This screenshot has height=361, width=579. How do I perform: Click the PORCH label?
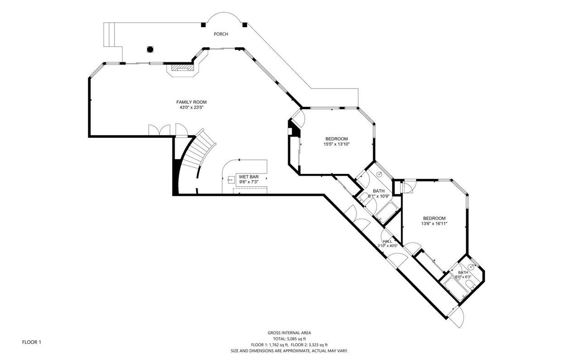pyautogui.click(x=221, y=34)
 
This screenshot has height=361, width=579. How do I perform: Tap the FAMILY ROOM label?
pyautogui.click(x=191, y=102)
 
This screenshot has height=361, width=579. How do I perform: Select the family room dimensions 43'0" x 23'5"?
pyautogui.click(x=191, y=108)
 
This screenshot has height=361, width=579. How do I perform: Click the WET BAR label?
pyautogui.click(x=249, y=177)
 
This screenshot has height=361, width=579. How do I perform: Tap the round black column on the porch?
pyautogui.click(x=150, y=49)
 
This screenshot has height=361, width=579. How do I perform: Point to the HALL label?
pyautogui.click(x=388, y=241)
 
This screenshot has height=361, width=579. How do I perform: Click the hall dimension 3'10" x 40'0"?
pyautogui.click(x=388, y=246)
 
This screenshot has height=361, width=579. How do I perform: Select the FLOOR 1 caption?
pyautogui.click(x=32, y=342)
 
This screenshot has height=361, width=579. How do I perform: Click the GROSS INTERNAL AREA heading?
pyautogui.click(x=289, y=333)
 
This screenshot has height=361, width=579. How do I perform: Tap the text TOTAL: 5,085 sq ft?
pyautogui.click(x=289, y=339)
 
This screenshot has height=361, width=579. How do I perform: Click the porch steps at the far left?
pyautogui.click(x=109, y=35)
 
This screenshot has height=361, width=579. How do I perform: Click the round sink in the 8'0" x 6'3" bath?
pyautogui.click(x=470, y=267)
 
